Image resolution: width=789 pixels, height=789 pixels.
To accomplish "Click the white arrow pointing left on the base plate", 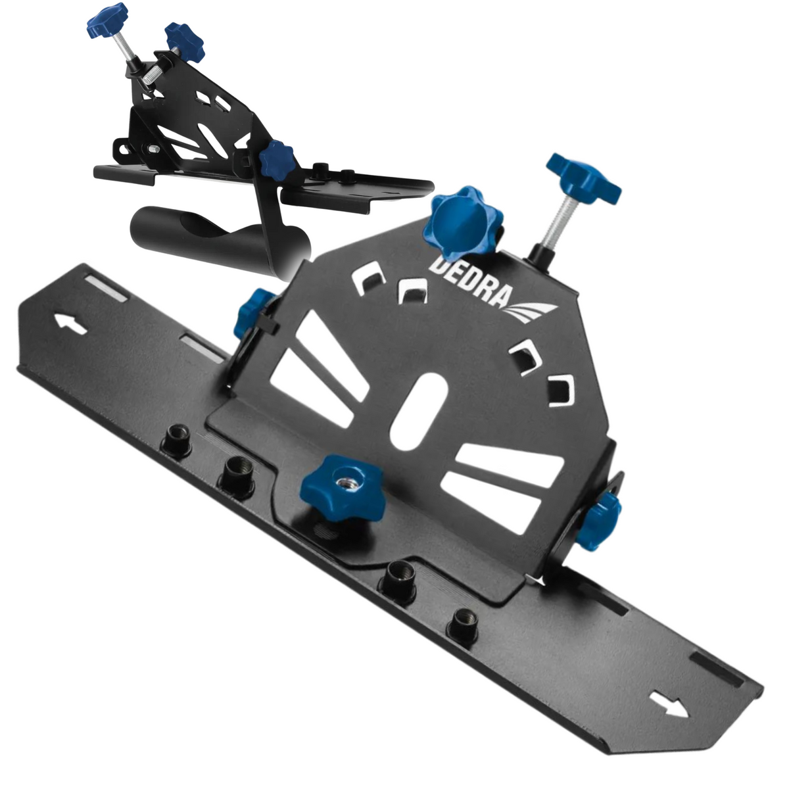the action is click(x=71, y=325).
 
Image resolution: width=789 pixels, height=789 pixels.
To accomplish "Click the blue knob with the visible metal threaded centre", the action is click(x=343, y=487).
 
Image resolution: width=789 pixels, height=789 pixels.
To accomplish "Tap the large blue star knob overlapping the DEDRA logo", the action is click(x=463, y=224).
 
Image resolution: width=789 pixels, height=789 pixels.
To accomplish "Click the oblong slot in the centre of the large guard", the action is click(x=419, y=412).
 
